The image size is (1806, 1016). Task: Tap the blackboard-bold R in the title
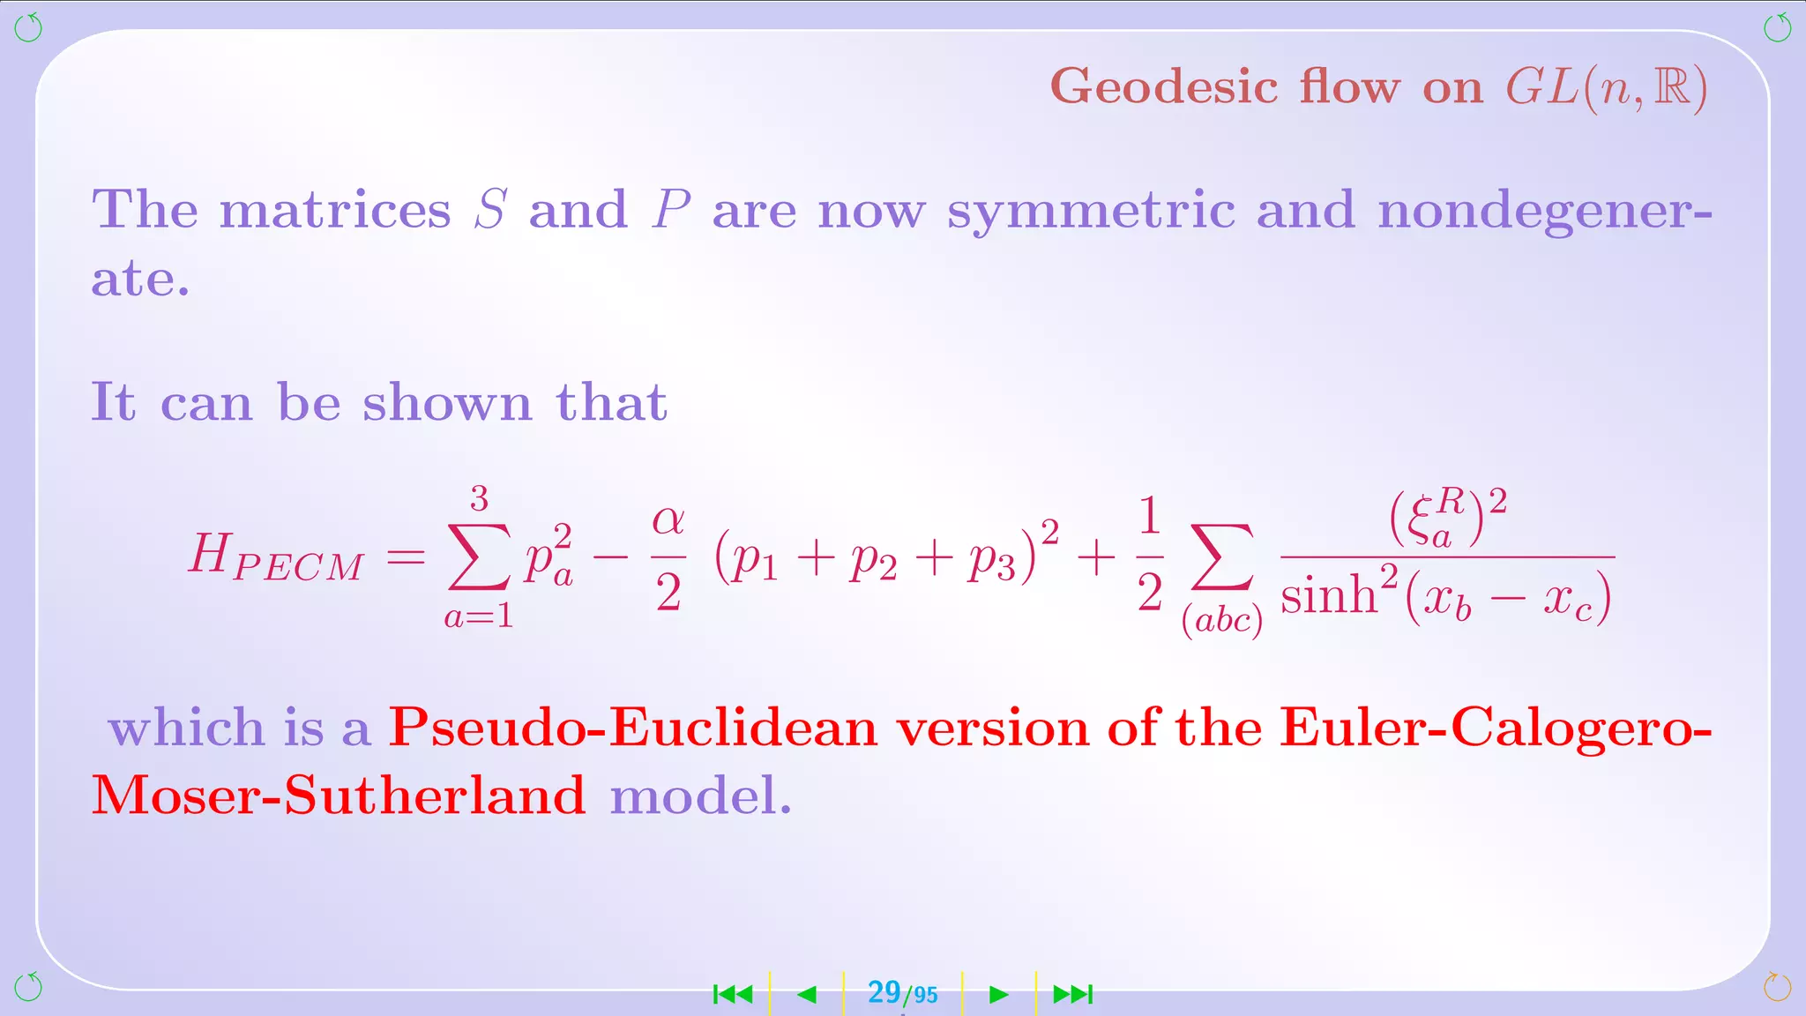pos(1671,87)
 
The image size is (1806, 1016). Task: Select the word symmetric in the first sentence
pos(1091,211)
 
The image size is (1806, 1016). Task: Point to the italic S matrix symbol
pos(490,210)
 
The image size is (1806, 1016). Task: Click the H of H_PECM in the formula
pos(210,555)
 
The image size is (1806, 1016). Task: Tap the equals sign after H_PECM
pos(406,557)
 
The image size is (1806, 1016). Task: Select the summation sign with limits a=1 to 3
pos(479,557)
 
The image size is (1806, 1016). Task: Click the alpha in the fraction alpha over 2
pos(668,520)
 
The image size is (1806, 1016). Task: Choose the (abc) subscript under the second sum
pos(1222,620)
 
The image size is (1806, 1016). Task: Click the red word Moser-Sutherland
pos(339,796)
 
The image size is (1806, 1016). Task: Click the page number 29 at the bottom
pos(884,992)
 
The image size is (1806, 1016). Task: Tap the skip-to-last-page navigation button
pos(1073,995)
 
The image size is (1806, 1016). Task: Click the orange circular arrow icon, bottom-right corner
pos(1777,987)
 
